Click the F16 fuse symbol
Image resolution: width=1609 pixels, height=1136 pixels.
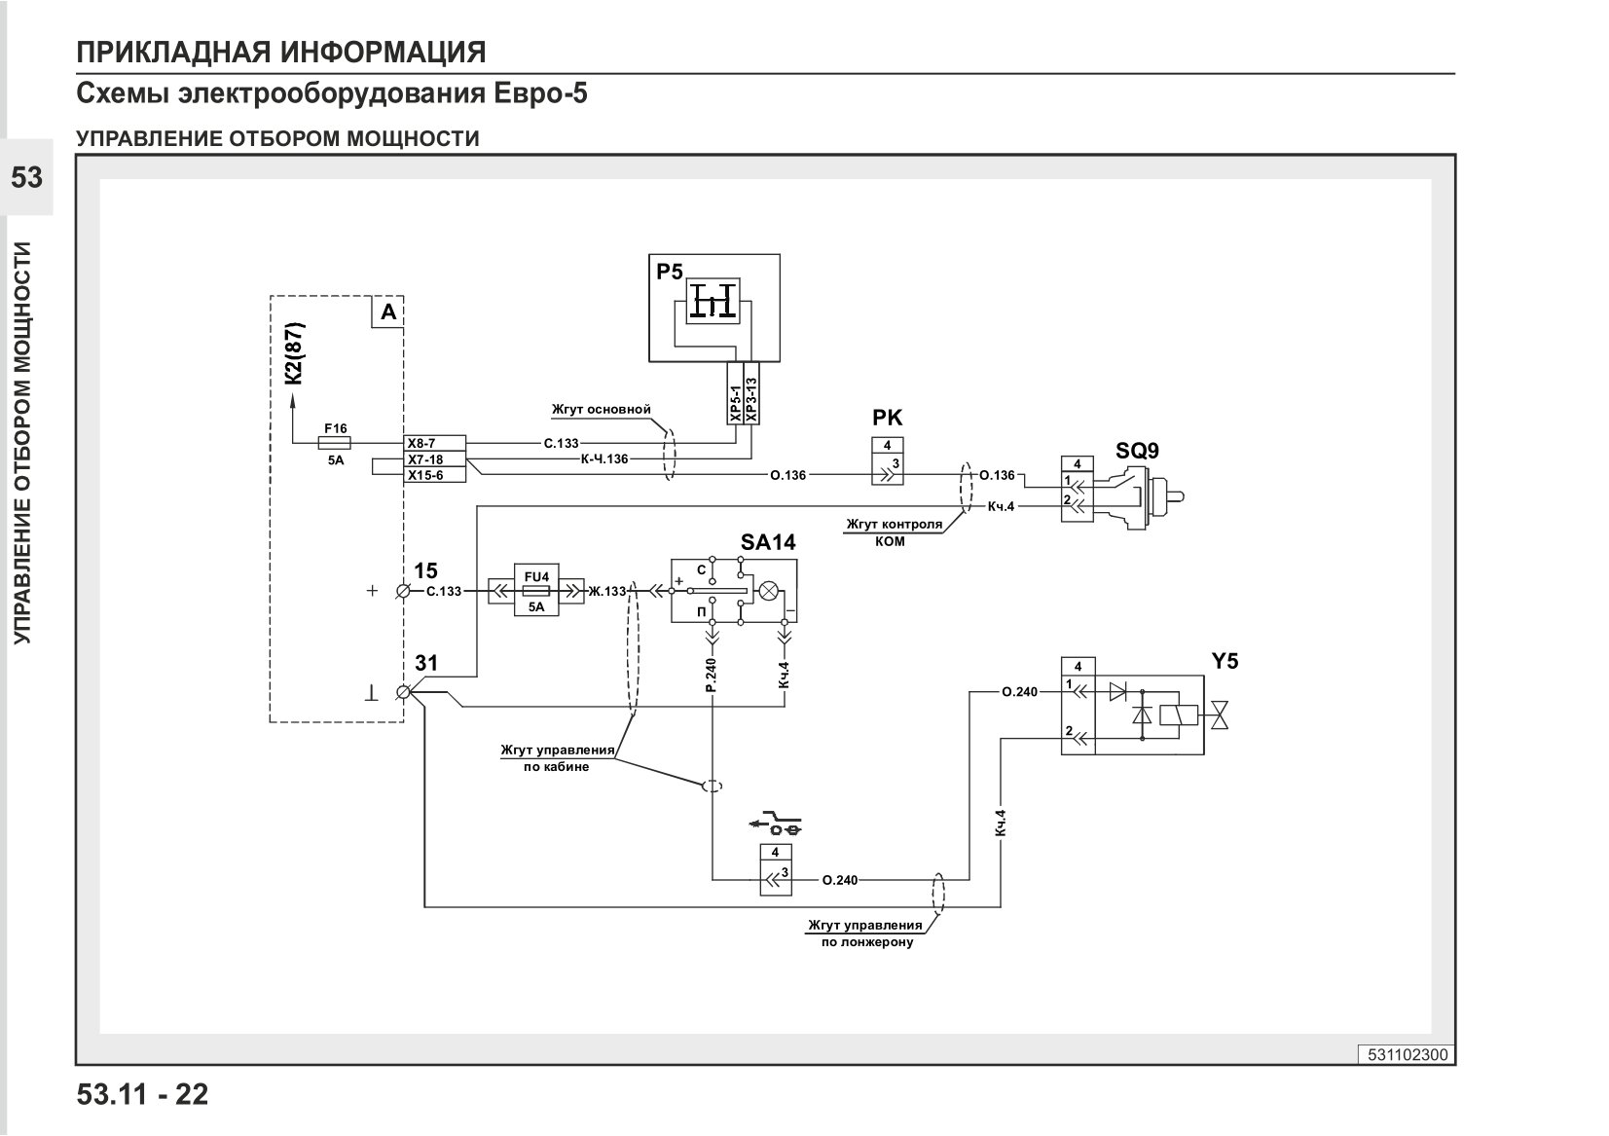[x=334, y=443]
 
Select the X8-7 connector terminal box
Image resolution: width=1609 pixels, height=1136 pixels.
[x=434, y=443]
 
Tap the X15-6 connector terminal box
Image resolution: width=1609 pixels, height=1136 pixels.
[x=434, y=475]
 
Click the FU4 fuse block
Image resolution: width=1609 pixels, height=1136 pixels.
[x=536, y=591]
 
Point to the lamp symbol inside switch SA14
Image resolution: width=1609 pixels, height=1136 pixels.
[x=769, y=591]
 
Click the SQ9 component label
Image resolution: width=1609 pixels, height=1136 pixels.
[x=1137, y=451]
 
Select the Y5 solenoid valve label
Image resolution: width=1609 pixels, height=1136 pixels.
[x=1225, y=661]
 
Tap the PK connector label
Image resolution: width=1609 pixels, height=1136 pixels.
[x=887, y=418]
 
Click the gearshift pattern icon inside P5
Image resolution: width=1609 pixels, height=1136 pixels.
[x=713, y=302]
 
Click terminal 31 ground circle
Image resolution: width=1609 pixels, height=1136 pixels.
[x=403, y=692]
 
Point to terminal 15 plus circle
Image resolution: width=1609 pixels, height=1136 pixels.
[x=403, y=591]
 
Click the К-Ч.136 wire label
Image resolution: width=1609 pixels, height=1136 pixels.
[x=604, y=459]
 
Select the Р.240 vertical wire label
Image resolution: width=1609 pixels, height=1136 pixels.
[x=712, y=675]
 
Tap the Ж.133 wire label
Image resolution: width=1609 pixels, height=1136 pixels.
[x=607, y=591]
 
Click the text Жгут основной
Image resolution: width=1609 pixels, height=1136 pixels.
[x=602, y=410]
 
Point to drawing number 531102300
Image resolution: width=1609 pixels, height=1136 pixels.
[x=1408, y=1054]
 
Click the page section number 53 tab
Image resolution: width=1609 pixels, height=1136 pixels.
[x=26, y=177]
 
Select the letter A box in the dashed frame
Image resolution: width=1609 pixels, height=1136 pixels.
[x=387, y=311]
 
